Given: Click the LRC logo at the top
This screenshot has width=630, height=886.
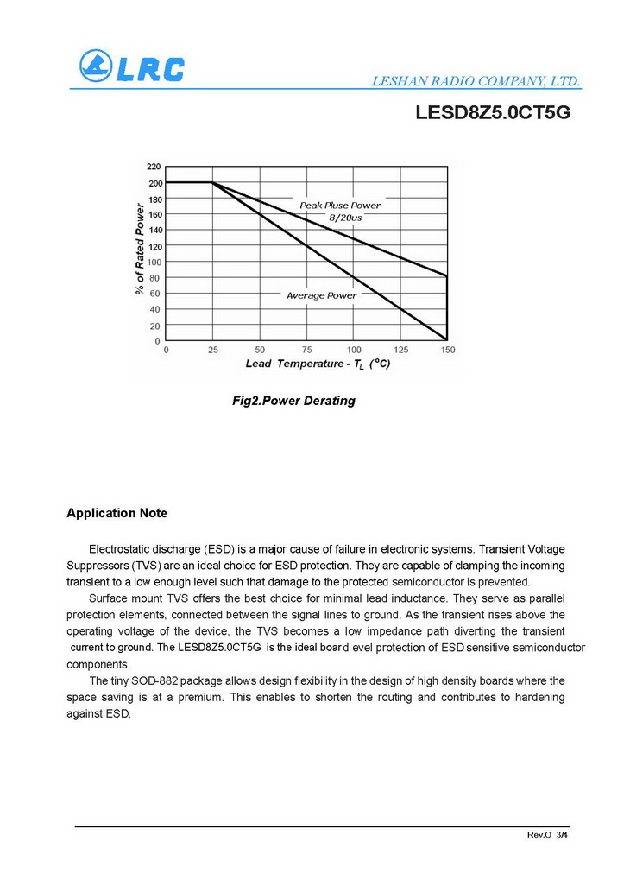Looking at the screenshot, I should [132, 66].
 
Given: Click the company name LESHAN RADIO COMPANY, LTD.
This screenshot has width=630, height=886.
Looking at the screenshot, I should [476, 82].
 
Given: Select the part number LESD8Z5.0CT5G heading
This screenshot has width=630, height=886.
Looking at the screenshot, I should [493, 112].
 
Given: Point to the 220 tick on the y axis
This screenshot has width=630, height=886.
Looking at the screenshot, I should [154, 166].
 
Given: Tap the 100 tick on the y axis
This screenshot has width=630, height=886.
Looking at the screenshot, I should [154, 262].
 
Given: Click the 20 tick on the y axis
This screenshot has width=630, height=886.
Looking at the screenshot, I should [155, 326].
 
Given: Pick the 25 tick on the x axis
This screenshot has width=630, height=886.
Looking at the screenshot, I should [212, 350].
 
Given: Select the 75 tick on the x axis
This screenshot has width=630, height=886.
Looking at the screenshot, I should [306, 350].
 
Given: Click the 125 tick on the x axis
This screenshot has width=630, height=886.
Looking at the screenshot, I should [400, 350].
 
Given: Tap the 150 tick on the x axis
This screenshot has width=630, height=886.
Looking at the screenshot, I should [447, 350].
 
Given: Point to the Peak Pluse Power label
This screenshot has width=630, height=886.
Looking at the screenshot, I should [339, 206].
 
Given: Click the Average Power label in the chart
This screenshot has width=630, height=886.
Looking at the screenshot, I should [321, 295].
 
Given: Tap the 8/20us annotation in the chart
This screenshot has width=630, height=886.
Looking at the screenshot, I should [345, 218].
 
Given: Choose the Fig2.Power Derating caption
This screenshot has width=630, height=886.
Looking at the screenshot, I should [293, 401].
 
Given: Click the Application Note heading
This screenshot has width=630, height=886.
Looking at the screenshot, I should [117, 513].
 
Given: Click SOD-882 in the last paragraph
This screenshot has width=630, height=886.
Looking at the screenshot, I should [156, 680].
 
